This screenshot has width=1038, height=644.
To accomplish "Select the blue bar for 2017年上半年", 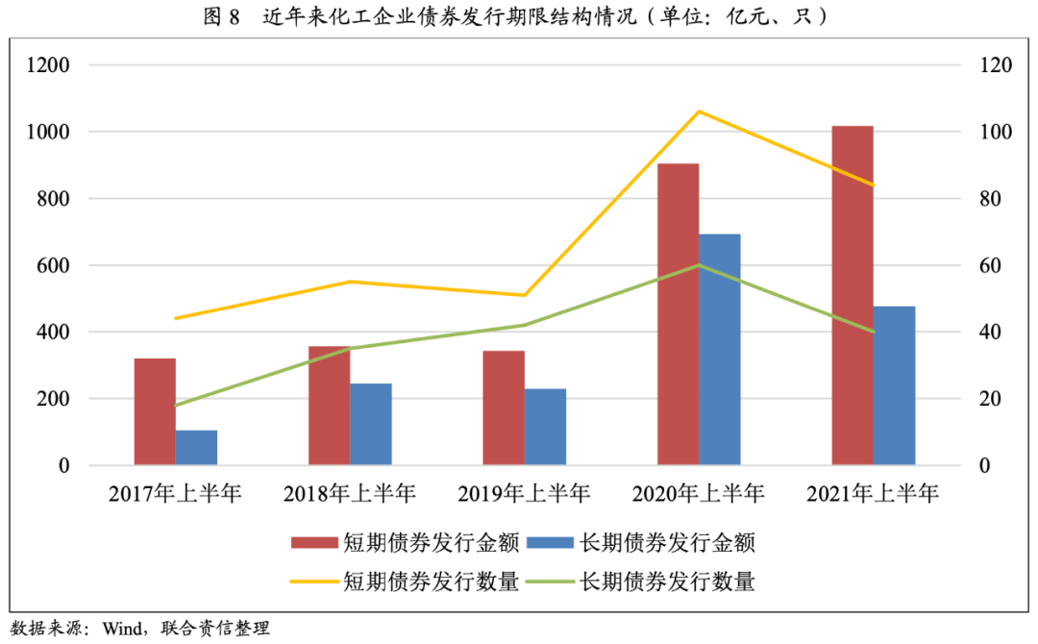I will click(196, 447).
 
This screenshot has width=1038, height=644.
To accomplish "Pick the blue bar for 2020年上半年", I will click(720, 350).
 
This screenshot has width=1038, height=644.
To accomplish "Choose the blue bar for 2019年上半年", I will click(545, 427).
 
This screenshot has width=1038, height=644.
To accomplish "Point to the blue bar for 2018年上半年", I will click(371, 424).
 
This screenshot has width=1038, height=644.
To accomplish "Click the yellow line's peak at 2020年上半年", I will click(699, 111).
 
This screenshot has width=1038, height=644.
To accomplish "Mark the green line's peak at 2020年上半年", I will click(699, 264).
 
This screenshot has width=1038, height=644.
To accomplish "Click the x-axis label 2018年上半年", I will click(350, 494).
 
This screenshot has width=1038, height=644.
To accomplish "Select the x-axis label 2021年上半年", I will click(873, 494).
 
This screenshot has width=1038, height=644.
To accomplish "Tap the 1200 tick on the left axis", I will click(50, 65).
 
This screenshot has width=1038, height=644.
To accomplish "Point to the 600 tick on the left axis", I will click(55, 265).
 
